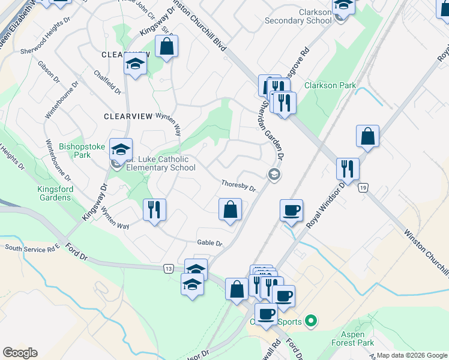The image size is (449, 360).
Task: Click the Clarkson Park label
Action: (330, 86)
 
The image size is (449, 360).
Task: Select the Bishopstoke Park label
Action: (75, 151)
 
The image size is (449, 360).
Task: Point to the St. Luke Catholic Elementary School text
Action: (160, 163)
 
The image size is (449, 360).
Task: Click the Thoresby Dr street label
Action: (238, 186)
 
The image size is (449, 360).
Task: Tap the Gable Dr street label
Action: (209, 244)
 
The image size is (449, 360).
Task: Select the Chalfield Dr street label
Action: (107, 82)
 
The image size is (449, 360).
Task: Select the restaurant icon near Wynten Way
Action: (154, 209)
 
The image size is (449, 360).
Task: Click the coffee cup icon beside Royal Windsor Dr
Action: (291, 211)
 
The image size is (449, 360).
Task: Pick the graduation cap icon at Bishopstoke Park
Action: (121, 149)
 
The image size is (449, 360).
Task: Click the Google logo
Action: (20, 353)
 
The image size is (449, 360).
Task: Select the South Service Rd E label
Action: (33, 247)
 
